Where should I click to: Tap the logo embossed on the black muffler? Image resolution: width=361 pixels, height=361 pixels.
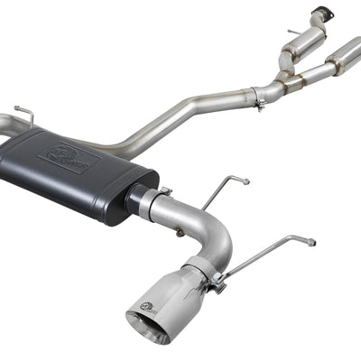click(68, 158)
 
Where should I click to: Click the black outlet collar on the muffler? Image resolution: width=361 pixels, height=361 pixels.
click(137, 201)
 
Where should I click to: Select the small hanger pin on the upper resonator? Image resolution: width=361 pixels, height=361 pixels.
click(293, 33)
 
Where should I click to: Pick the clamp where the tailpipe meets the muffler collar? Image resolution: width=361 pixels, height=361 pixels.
click(163, 193)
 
